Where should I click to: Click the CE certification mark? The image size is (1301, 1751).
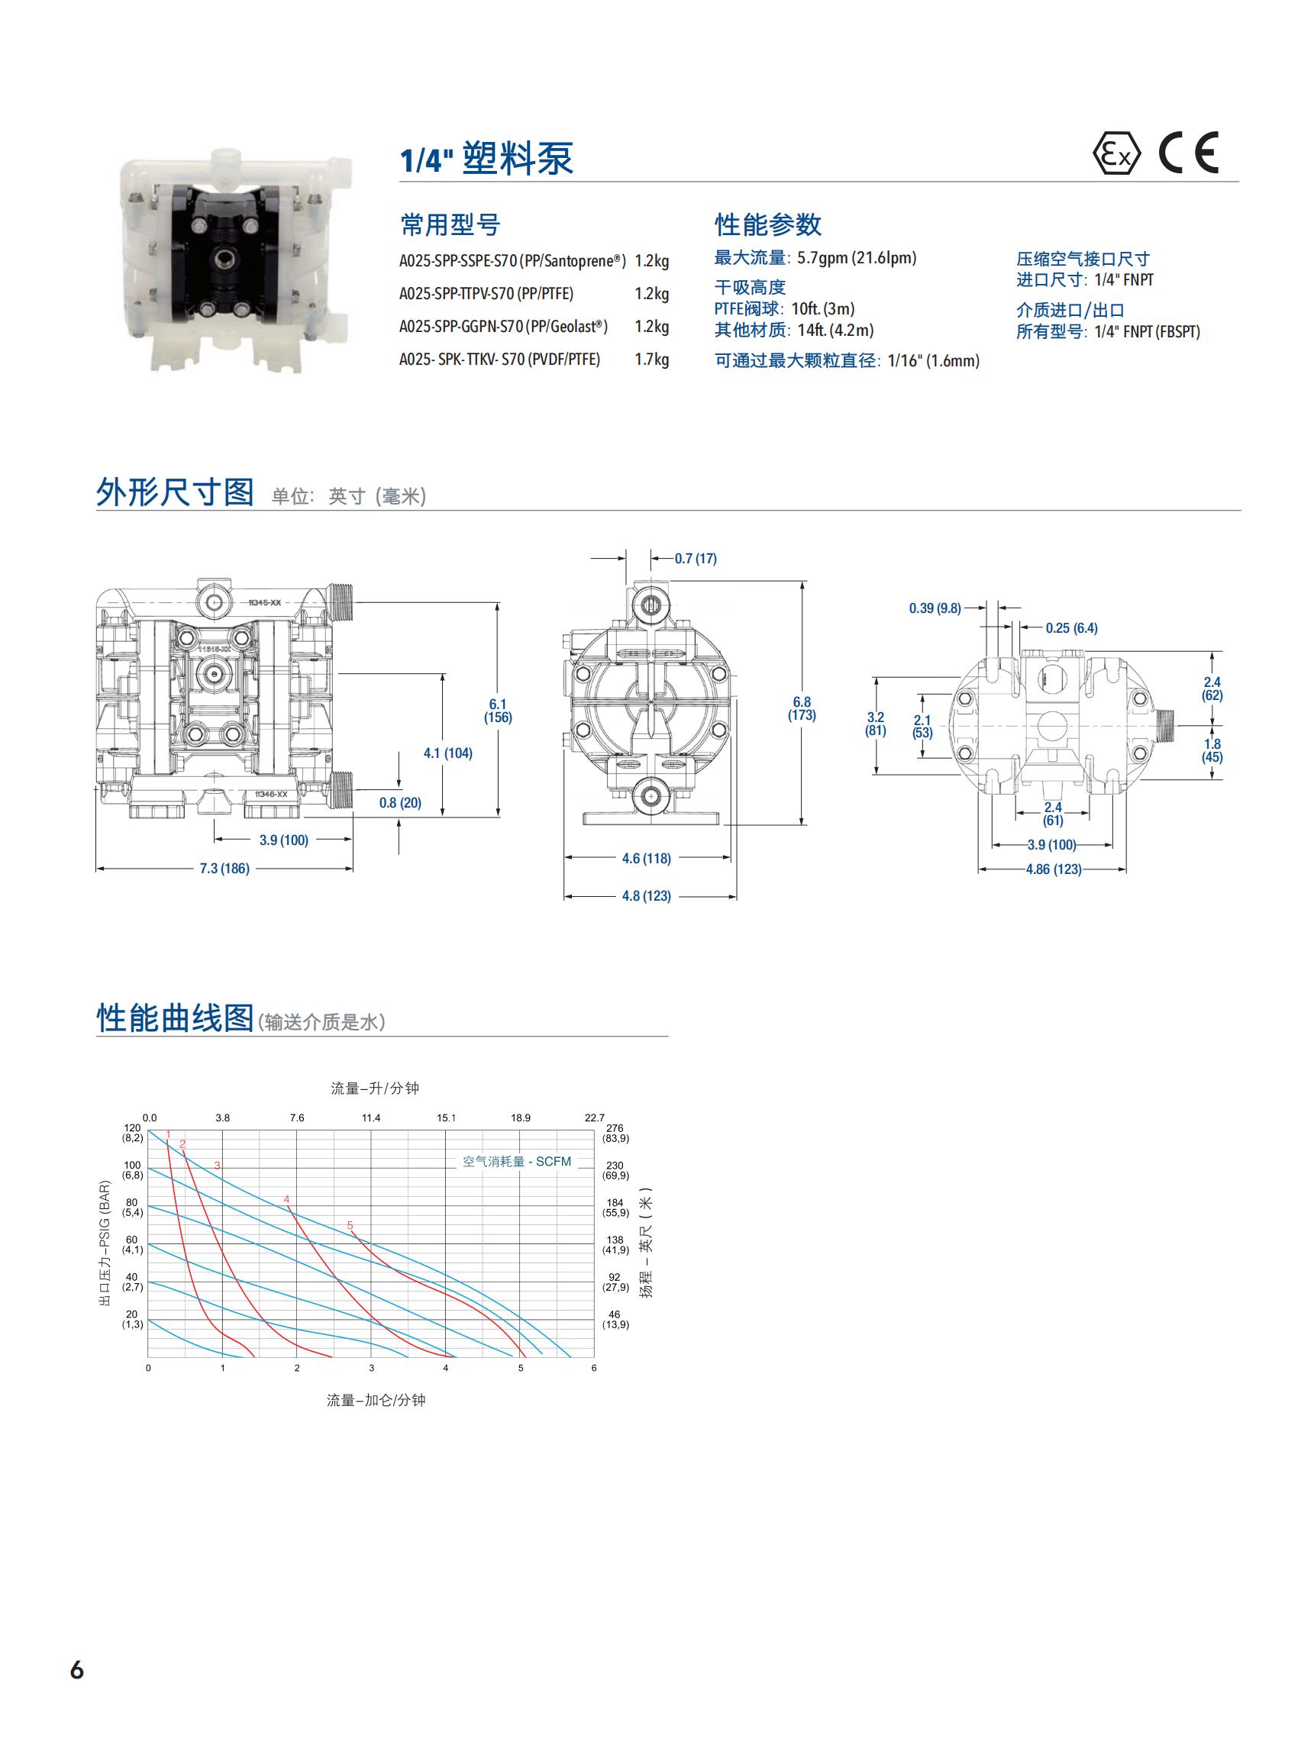pyautogui.click(x=1188, y=153)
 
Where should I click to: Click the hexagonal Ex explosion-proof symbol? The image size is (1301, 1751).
pyautogui.click(x=1116, y=153)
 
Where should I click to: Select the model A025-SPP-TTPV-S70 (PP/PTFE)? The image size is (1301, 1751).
pyautogui.click(x=486, y=294)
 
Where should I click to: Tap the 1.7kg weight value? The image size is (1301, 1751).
pyautogui.click(x=651, y=360)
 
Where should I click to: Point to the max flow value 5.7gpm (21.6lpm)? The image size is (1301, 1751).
pyautogui.click(x=857, y=258)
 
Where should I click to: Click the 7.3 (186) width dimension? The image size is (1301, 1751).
pyautogui.click(x=224, y=869)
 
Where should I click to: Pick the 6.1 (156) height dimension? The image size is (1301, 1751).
pyautogui.click(x=498, y=711)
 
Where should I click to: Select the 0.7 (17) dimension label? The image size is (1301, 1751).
pyautogui.click(x=696, y=559)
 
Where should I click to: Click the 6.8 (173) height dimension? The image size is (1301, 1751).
pyautogui.click(x=802, y=708)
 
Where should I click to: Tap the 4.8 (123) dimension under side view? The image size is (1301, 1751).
pyautogui.click(x=647, y=896)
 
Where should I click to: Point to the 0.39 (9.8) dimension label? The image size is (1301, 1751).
pyautogui.click(x=935, y=608)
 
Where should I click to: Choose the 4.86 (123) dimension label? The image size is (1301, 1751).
pyautogui.click(x=1053, y=869)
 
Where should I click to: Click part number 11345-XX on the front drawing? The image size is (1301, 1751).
pyautogui.click(x=265, y=602)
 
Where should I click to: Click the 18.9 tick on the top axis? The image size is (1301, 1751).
pyautogui.click(x=521, y=1118)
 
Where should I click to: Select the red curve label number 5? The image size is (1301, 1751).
pyautogui.click(x=350, y=1226)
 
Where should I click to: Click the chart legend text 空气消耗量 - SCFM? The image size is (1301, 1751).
pyautogui.click(x=517, y=1162)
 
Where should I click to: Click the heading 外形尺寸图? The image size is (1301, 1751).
pyautogui.click(x=175, y=492)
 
